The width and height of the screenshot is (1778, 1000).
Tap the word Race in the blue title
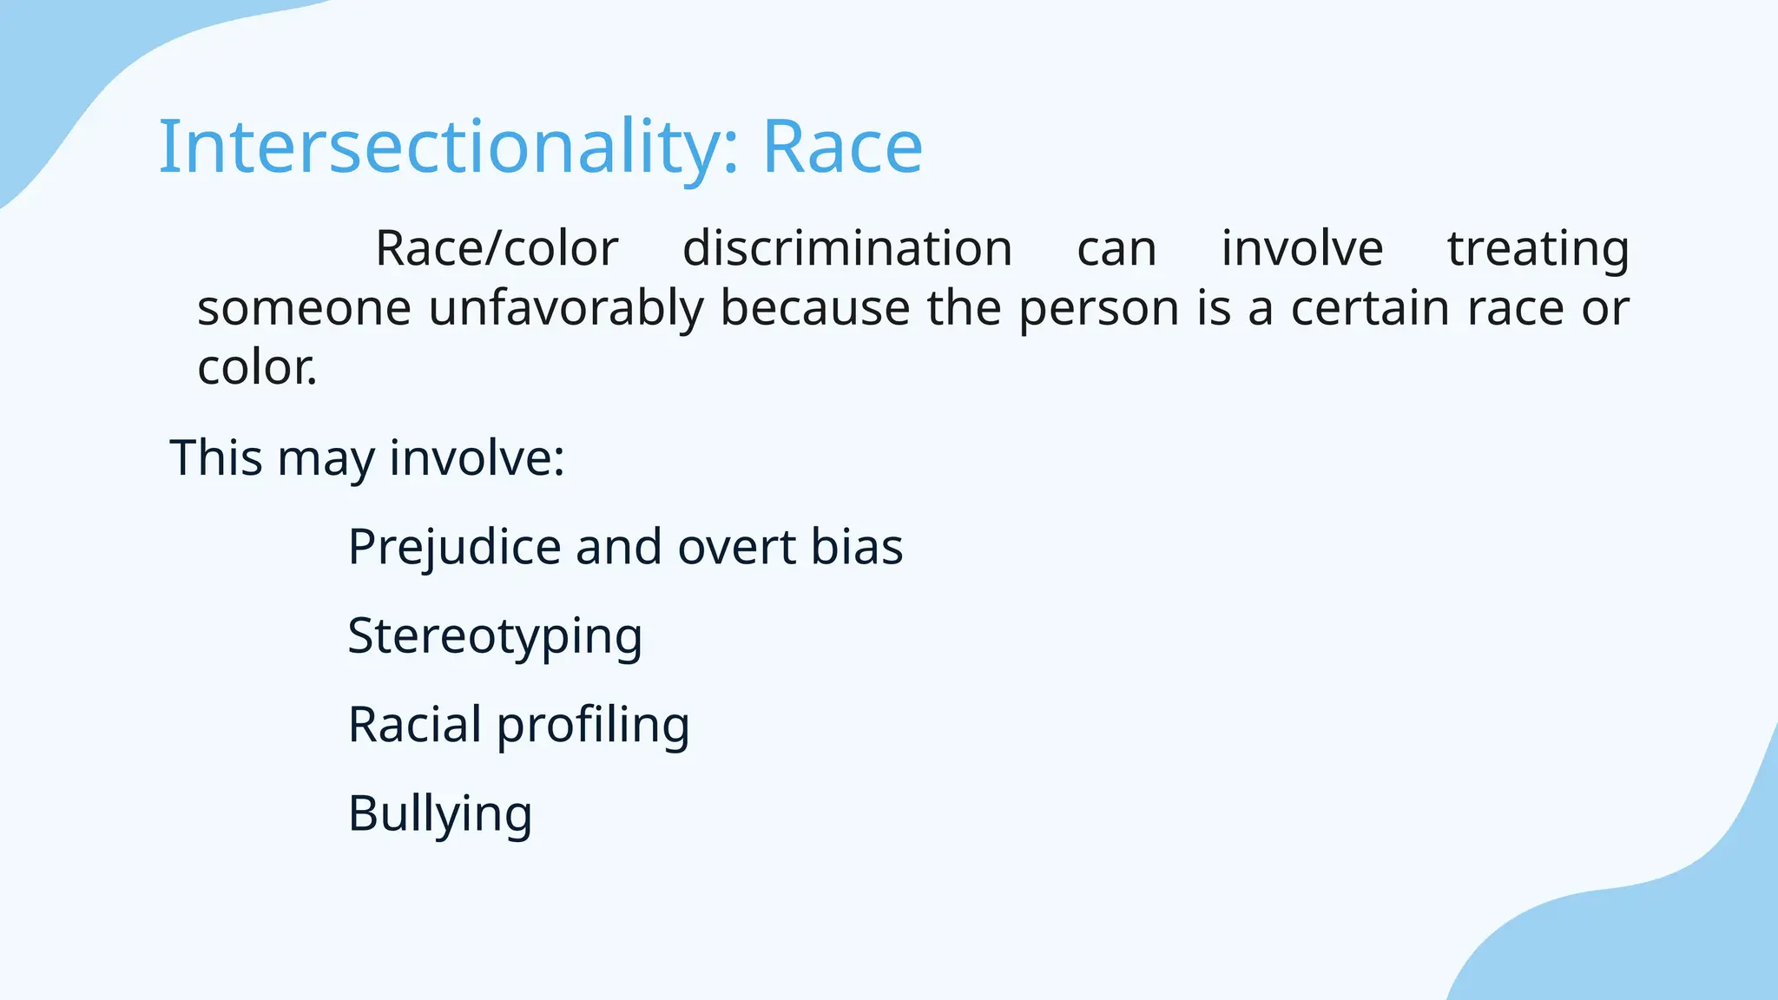[x=842, y=148]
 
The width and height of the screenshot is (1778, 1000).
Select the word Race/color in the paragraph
[x=497, y=249]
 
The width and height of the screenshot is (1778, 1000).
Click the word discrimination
[x=847, y=249]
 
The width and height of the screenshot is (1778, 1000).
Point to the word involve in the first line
[x=1301, y=249]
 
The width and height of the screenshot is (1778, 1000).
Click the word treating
[x=1538, y=249]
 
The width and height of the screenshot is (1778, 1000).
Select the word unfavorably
[x=566, y=308]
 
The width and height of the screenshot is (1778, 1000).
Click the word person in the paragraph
[x=1098, y=310]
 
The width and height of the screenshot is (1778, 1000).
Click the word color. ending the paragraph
[x=257, y=368]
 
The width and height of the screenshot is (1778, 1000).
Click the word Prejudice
[x=454, y=549]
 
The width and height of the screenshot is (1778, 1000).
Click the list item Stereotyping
[x=495, y=637]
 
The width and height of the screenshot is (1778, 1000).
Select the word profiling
[x=593, y=726]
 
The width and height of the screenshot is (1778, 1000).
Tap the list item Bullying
[x=440, y=815]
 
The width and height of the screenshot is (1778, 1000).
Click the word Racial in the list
[x=414, y=725]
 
